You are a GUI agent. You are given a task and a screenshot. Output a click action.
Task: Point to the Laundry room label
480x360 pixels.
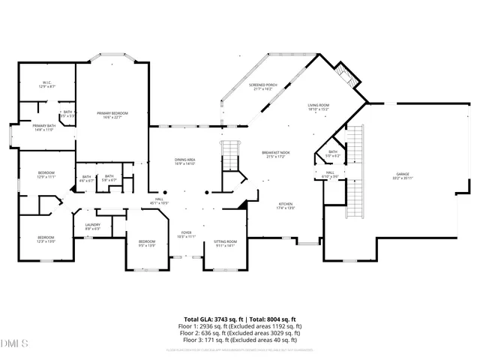point(92,226)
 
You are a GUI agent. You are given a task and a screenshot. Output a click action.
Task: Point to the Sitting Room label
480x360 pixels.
point(225,243)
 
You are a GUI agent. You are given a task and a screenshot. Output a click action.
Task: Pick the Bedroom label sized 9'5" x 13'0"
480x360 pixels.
point(147,243)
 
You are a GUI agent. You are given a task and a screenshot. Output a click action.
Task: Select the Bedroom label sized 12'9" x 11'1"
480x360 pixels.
point(46,175)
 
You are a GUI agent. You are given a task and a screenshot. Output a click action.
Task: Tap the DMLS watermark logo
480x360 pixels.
point(15,344)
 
